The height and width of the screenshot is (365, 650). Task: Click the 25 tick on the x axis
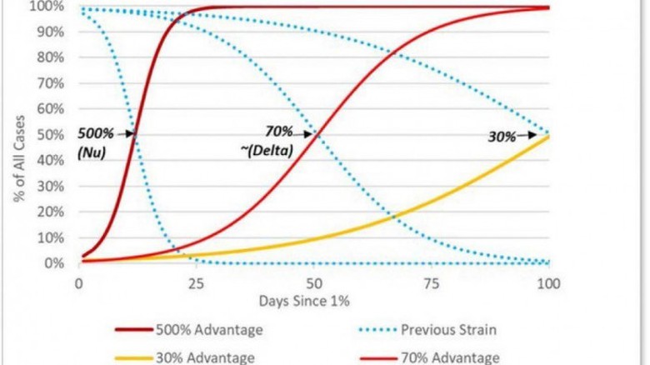coord(197,282)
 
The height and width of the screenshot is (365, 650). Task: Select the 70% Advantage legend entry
coord(455,357)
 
